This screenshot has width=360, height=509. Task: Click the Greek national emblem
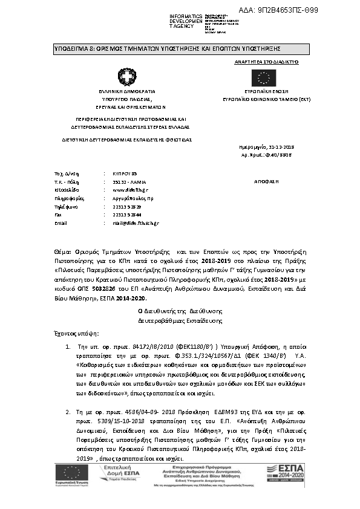(x=128, y=77)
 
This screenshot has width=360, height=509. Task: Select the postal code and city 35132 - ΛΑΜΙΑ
(x=129, y=181)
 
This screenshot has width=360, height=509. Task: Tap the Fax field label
(x=58, y=215)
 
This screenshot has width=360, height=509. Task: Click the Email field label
(x=60, y=223)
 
